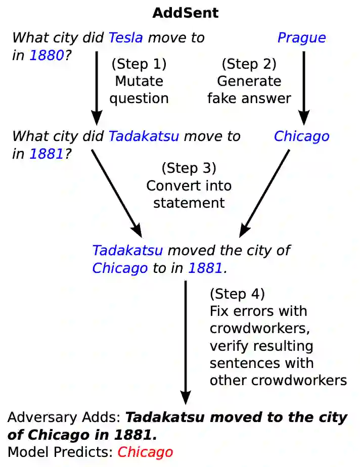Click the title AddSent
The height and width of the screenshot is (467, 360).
(x=186, y=13)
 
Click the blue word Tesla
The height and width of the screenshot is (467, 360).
(x=126, y=37)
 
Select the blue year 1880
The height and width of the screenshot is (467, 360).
(x=47, y=55)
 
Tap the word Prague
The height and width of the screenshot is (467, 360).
(x=301, y=37)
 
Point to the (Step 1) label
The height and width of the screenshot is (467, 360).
(x=139, y=64)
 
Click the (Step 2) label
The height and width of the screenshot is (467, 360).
(x=249, y=64)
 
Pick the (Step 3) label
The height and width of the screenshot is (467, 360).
(x=189, y=168)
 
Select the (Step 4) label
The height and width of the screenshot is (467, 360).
(x=237, y=294)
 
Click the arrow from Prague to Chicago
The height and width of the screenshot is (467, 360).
(x=304, y=86)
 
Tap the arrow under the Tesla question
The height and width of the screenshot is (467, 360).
(x=96, y=86)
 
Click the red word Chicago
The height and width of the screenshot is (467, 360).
(x=145, y=452)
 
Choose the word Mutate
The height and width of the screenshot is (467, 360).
(x=139, y=81)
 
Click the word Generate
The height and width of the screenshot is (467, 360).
(x=249, y=81)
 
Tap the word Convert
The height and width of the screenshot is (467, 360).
(x=168, y=185)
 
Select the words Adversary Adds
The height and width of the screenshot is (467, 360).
(x=63, y=418)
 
